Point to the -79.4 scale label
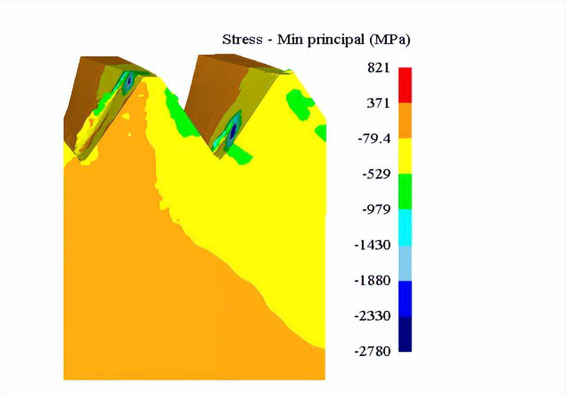tap(374, 138)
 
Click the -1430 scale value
tap(372, 245)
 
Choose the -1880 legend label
tap(372, 280)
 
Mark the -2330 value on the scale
tap(372, 316)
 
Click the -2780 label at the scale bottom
tap(372, 351)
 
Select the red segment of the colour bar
tap(405, 85)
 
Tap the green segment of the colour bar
tap(405, 192)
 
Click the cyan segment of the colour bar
tap(405, 227)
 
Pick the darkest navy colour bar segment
tap(405, 334)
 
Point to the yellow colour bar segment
tap(405, 156)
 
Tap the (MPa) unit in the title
tap(389, 40)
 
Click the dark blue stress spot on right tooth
tap(233, 130)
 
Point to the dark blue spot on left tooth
tap(129, 81)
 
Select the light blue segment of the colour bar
tap(405, 263)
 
